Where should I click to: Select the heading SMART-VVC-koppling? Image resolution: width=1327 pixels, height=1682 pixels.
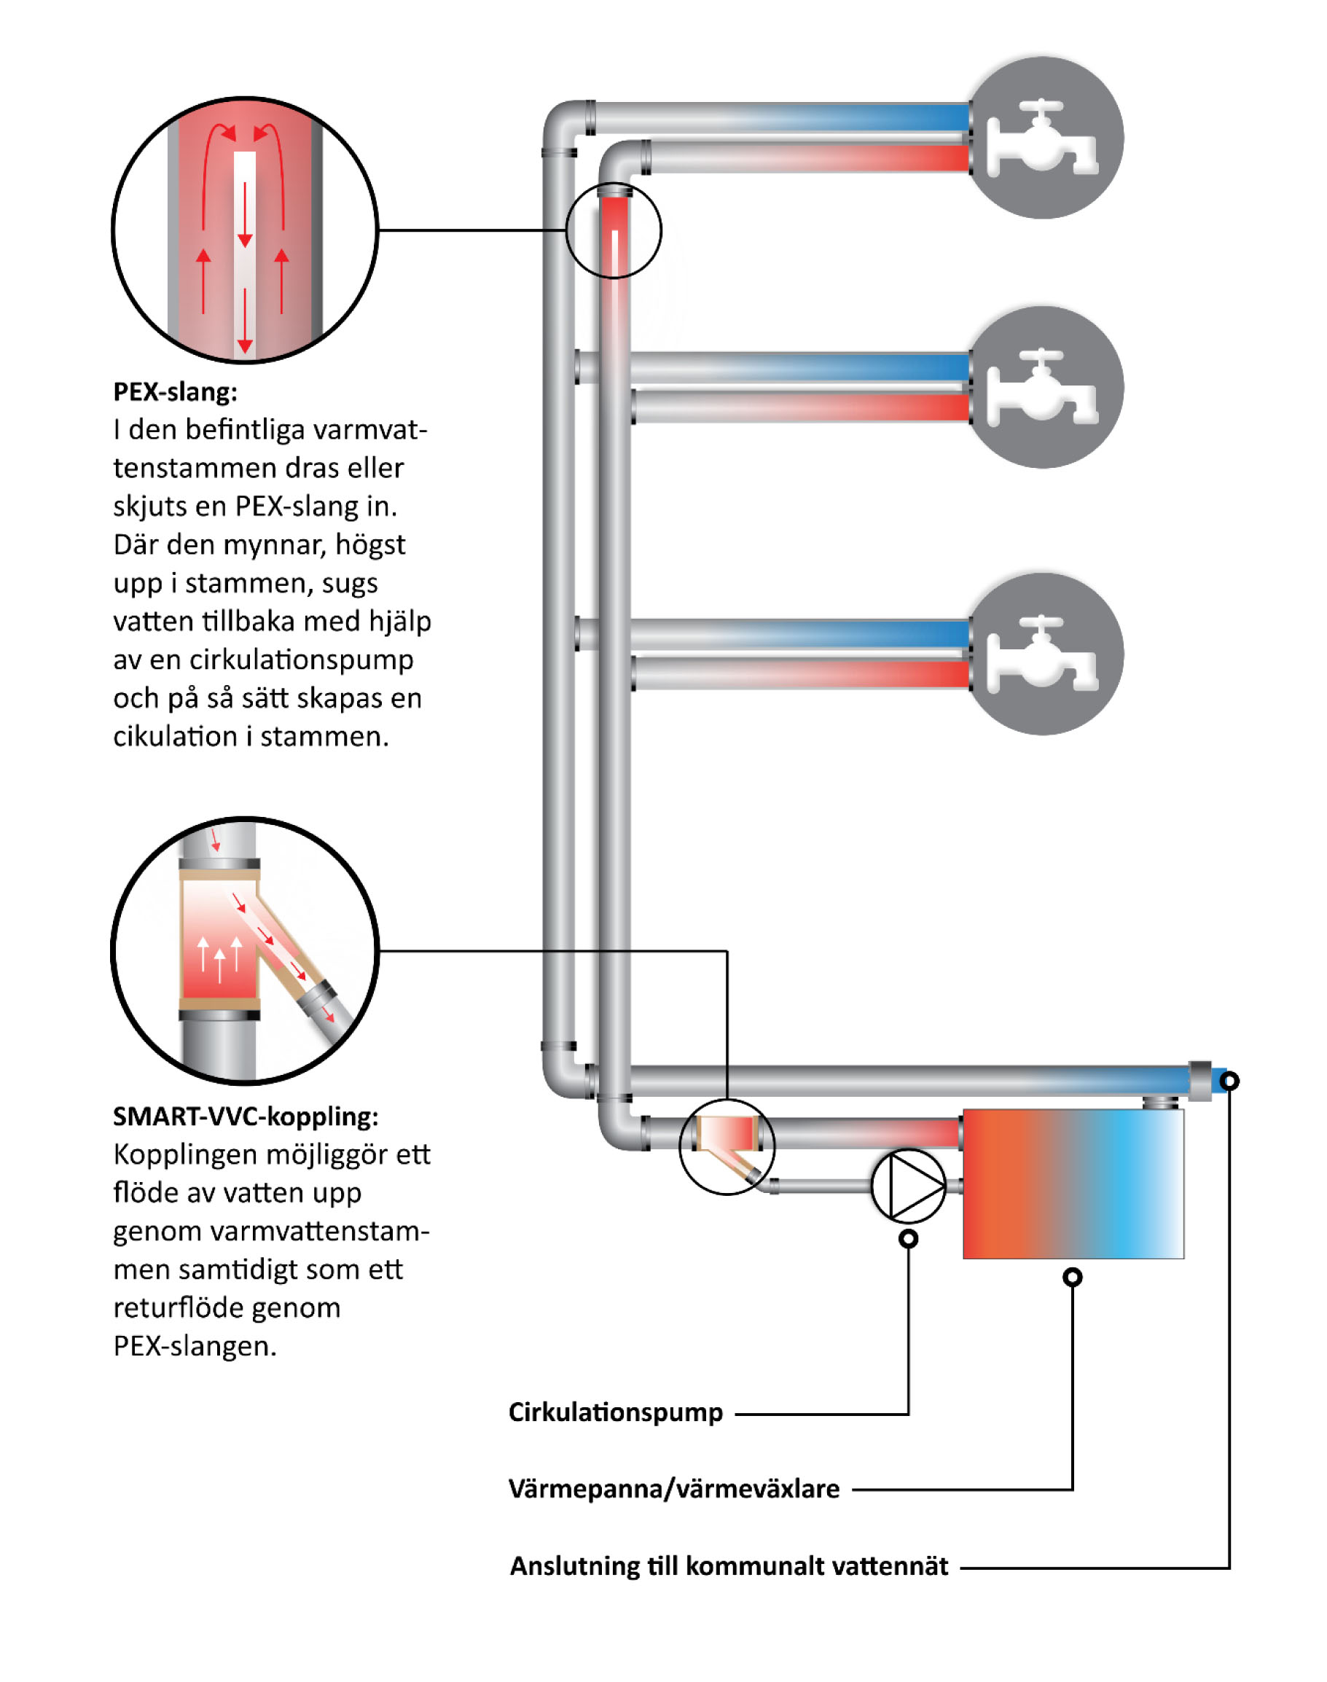(x=246, y=1116)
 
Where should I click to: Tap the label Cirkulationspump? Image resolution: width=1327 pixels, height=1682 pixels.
(x=615, y=1412)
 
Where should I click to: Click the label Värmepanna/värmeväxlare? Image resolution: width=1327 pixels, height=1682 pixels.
(x=673, y=1489)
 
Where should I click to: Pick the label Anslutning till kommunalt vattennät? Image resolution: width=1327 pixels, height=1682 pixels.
(x=729, y=1565)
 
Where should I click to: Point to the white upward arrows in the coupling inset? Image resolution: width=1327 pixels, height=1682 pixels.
(x=219, y=956)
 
